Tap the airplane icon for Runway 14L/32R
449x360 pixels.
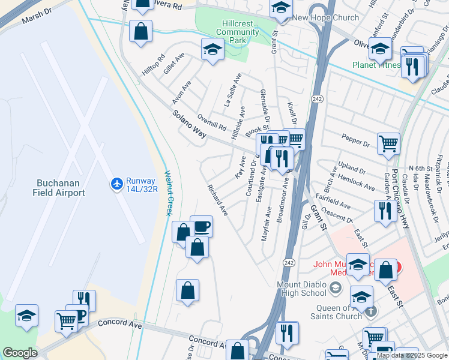116,182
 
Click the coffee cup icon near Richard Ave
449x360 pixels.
202,227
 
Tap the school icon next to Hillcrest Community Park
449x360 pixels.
212,50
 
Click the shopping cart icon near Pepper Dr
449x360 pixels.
388,143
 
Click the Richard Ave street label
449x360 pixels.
217,201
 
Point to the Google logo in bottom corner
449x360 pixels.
20,353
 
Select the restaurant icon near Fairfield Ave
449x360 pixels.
383,210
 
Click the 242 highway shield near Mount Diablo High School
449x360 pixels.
288,263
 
